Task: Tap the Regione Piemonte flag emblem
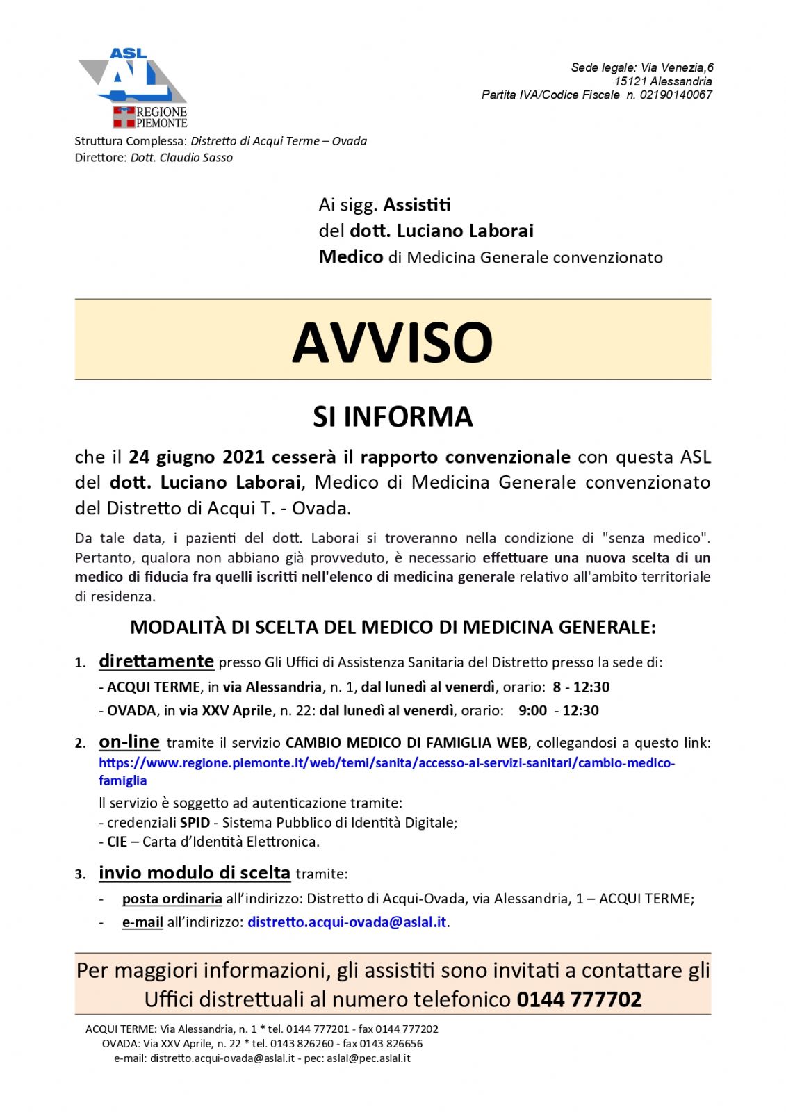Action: (x=124, y=117)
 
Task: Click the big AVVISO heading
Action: (x=393, y=342)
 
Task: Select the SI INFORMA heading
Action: (x=393, y=416)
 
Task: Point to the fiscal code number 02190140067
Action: (x=676, y=95)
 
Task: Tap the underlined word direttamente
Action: (x=156, y=661)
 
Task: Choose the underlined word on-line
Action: (x=129, y=742)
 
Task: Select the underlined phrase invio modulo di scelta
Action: (x=195, y=873)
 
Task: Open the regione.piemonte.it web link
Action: (x=386, y=763)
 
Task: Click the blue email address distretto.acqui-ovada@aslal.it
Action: (x=347, y=922)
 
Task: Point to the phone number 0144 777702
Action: (x=579, y=999)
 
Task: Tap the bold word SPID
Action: (x=195, y=823)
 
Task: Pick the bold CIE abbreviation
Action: (x=117, y=842)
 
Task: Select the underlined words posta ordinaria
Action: (x=172, y=899)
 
